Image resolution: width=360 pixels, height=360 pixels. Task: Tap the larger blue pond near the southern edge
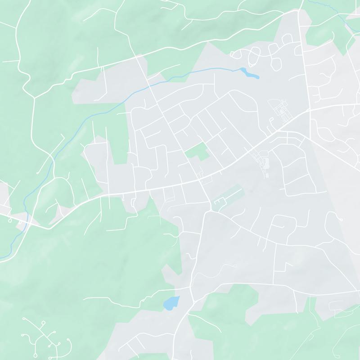[171, 303]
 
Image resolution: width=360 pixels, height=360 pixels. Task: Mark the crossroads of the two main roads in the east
[310, 110]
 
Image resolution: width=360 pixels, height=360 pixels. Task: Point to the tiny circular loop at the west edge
[9, 220]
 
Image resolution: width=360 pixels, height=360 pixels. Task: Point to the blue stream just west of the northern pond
[216, 69]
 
